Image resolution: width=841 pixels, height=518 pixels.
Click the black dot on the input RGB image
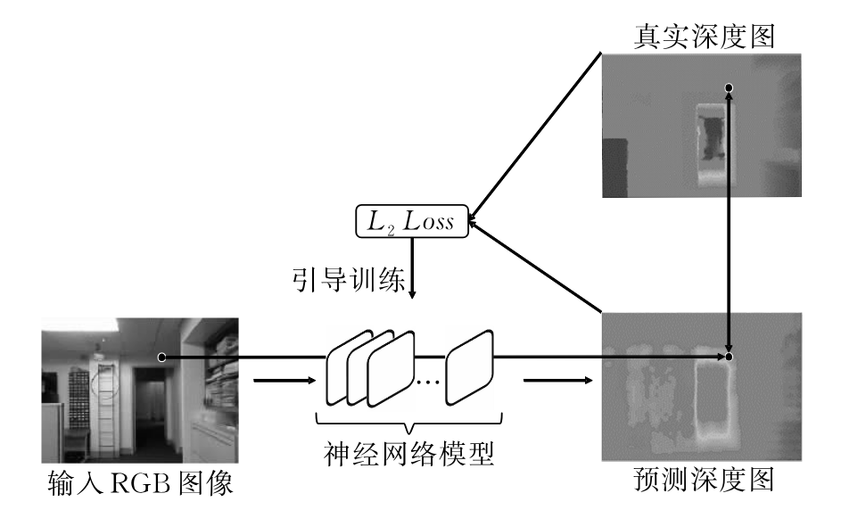[161, 357]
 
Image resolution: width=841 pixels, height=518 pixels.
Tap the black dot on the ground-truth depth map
[730, 87]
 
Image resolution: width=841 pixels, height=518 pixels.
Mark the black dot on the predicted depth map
[730, 357]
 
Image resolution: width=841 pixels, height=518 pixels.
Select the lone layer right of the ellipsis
[470, 368]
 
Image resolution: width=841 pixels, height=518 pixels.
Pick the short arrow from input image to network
[284, 381]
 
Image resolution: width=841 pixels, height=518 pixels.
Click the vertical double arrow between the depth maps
[730, 223]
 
